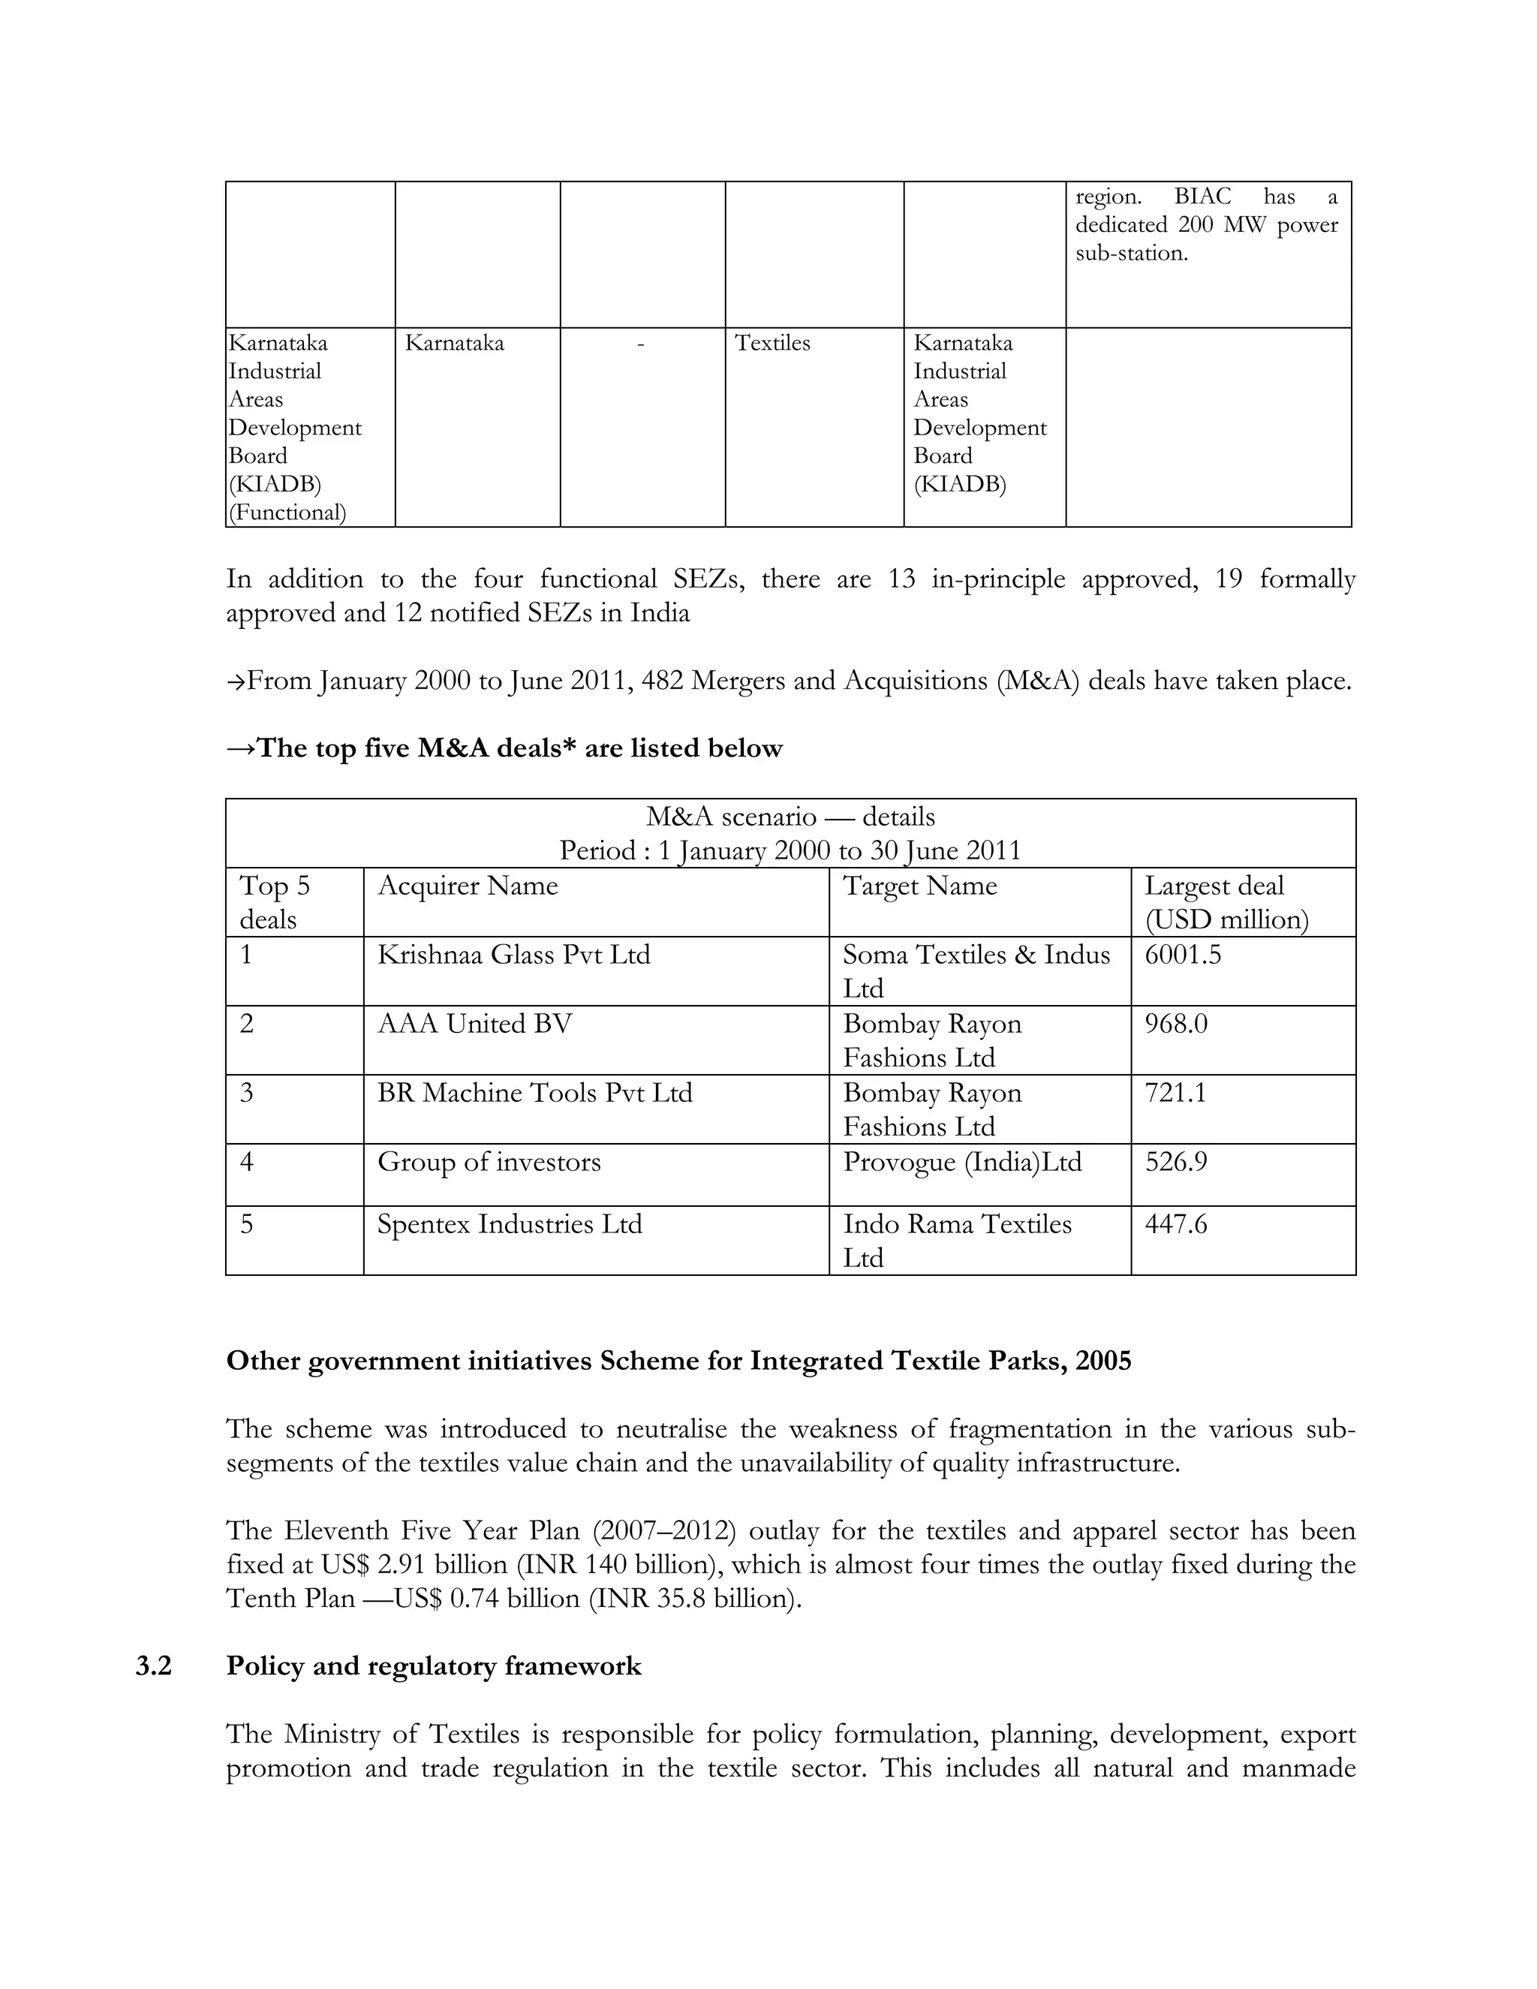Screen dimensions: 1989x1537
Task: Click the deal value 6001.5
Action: coord(1182,955)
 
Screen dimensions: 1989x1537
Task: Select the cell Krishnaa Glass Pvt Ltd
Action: coord(513,955)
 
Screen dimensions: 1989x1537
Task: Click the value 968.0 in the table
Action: coord(1175,1024)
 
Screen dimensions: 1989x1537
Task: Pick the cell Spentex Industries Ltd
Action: coord(509,1224)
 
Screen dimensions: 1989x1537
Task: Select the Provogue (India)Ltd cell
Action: coord(961,1162)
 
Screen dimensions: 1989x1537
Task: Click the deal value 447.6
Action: coord(1175,1224)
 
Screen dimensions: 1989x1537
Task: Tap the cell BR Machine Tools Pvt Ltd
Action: coord(534,1093)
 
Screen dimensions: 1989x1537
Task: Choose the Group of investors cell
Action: coord(489,1162)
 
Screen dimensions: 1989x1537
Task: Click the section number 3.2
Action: coord(154,1666)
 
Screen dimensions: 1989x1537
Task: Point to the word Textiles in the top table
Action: coord(772,343)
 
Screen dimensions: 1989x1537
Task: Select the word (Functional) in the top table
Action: coord(287,513)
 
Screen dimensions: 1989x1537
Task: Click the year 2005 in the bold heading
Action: coord(1102,1361)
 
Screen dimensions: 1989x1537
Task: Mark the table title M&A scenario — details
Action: coord(790,817)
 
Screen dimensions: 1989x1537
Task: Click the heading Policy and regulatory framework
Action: coord(434,1666)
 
